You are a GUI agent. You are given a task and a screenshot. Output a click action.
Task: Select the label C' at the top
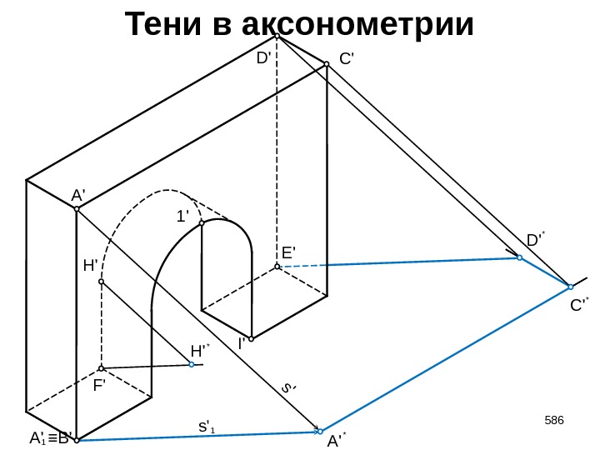pos(347,60)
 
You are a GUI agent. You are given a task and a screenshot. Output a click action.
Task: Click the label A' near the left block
pos(78,195)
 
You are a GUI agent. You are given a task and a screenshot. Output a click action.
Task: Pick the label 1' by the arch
pos(182,217)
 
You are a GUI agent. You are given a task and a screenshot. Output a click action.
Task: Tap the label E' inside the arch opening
pos(289,252)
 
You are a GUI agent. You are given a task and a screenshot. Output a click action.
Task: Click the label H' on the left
pos(91,267)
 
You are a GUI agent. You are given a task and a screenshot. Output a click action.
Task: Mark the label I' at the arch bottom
pos(242,342)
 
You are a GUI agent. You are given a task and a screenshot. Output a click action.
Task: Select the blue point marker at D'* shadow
pos(519,258)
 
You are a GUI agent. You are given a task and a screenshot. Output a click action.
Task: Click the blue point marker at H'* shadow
pos(192,364)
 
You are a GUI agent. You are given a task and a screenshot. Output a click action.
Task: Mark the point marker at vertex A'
pos(76,209)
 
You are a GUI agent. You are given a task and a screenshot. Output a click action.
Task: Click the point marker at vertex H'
pos(101,282)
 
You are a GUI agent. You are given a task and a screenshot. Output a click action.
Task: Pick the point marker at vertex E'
pos(277,267)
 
